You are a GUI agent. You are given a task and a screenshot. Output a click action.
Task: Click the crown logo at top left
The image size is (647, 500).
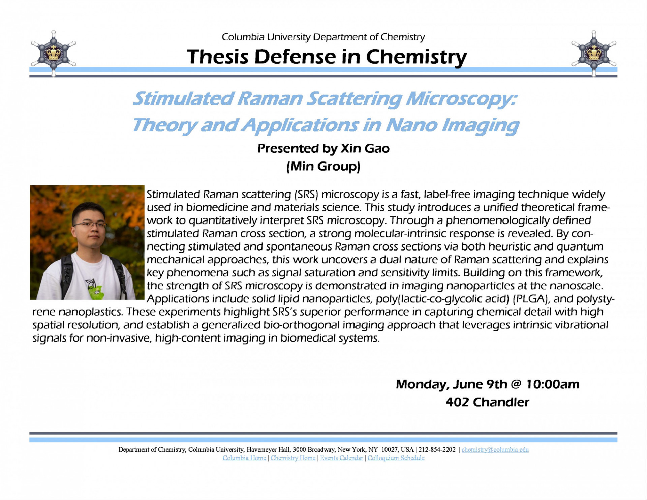(53, 53)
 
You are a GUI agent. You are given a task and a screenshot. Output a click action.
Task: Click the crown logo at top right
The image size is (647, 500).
(594, 53)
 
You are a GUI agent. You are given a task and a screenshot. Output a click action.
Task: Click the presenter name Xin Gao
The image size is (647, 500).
(365, 148)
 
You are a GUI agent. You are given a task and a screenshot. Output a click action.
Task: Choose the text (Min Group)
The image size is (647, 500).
(323, 166)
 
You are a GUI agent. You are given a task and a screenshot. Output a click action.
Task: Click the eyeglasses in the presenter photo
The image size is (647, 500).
(89, 225)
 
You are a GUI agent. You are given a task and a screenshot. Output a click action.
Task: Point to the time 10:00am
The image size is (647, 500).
(553, 384)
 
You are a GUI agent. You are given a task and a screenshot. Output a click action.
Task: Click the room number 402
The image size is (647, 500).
(457, 402)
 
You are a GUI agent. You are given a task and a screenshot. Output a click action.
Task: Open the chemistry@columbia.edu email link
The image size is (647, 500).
(495, 450)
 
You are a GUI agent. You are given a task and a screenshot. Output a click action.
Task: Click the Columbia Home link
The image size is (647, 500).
(244, 458)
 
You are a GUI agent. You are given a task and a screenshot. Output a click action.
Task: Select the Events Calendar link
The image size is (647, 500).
(341, 458)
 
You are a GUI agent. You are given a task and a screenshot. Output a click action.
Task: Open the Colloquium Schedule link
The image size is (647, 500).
(396, 458)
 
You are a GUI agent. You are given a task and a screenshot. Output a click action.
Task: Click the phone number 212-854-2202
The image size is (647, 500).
(437, 450)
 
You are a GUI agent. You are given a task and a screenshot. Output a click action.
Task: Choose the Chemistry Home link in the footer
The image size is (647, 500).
(293, 458)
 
